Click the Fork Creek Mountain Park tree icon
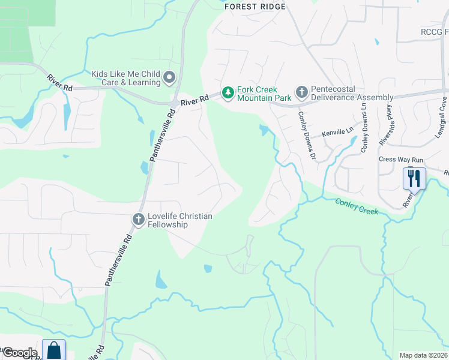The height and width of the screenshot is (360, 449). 228,92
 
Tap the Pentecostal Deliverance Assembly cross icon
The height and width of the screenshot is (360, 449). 301,92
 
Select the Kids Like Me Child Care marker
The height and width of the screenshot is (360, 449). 169,77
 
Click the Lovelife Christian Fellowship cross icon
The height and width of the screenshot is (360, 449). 138,220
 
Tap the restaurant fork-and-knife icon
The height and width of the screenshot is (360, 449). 414,178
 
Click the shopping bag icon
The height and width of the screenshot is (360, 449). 54,350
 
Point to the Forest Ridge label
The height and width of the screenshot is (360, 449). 255,7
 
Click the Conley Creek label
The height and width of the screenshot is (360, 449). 357,207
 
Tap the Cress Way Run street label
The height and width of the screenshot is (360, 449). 401,160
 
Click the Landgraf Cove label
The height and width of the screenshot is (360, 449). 441,119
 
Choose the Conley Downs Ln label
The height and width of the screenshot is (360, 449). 364,127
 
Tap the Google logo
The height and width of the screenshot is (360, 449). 20,353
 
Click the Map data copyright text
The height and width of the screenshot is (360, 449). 423,355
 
